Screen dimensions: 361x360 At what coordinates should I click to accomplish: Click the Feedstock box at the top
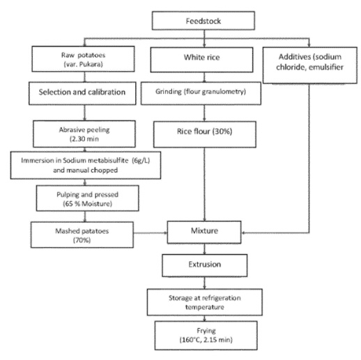(203, 21)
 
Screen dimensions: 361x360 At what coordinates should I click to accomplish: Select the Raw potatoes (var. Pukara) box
(83, 59)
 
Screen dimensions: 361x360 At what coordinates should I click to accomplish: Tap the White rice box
(201, 60)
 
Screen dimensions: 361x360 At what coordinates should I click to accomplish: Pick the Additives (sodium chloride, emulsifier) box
(310, 65)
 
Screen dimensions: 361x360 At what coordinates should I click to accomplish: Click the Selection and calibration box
(82, 93)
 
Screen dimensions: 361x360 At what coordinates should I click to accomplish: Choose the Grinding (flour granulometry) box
(201, 93)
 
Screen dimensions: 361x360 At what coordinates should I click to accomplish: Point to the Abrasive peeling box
(84, 134)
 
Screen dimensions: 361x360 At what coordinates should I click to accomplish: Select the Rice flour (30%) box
(205, 134)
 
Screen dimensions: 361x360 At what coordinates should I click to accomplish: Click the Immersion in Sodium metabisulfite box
(86, 165)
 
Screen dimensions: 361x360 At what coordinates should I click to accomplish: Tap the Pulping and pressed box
(88, 198)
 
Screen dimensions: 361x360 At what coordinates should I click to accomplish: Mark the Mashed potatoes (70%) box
(82, 235)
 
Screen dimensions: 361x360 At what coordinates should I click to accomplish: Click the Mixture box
(204, 232)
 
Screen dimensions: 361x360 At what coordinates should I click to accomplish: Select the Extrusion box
(205, 265)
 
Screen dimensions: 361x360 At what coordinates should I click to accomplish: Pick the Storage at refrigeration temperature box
(205, 302)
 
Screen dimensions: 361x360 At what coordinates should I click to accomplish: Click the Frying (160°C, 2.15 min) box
(206, 335)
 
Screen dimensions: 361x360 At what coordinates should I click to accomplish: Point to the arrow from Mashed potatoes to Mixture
(151, 233)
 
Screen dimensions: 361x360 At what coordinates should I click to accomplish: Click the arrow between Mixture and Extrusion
(204, 249)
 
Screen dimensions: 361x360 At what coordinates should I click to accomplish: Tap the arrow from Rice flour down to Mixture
(204, 185)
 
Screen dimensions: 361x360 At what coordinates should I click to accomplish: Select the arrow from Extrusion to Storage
(204, 283)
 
